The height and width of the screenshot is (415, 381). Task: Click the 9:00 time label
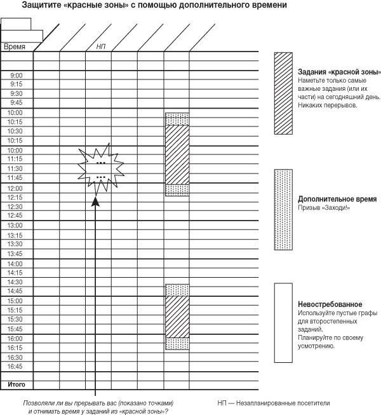17,75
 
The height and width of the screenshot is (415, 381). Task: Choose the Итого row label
16,385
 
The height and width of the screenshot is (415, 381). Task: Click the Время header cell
15,46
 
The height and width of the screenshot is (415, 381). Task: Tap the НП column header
101,46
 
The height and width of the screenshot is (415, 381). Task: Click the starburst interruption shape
100,167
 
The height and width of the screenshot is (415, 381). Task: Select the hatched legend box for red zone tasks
283,93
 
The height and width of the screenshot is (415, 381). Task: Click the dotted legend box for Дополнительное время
283,210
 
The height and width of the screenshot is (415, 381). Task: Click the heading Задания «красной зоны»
338,71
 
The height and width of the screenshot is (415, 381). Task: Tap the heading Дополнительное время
337,199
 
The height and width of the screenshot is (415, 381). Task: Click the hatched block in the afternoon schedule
177,316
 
